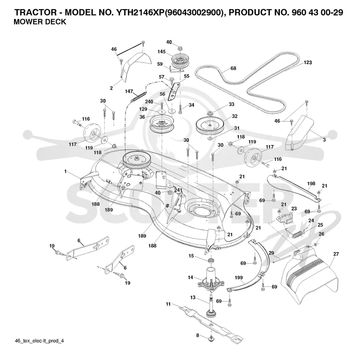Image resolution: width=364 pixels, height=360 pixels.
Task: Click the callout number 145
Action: coord(162,52)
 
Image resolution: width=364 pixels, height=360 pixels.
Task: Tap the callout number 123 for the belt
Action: coord(308,62)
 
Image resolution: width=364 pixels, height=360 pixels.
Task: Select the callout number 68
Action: coord(233,68)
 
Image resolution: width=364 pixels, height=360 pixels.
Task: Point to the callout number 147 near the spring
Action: coord(129,91)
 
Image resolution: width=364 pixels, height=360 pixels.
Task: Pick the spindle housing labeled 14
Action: coord(211,279)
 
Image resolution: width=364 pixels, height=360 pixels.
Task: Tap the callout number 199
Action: coord(238,278)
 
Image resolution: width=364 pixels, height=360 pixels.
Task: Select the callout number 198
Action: coord(311,184)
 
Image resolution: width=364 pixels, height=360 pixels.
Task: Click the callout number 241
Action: coord(178,190)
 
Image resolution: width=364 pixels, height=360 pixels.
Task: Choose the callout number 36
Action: coord(142,117)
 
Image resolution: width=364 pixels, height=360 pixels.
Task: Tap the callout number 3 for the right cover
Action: coord(324,140)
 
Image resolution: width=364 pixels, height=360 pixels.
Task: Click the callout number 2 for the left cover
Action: coord(111,88)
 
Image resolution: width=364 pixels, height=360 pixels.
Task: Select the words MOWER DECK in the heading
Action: coord(40,22)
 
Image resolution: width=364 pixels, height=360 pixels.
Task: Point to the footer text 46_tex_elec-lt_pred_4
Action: coord(39,341)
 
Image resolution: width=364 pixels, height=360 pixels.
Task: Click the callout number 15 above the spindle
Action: coord(191,256)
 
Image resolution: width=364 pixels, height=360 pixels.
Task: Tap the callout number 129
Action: coord(143,109)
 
